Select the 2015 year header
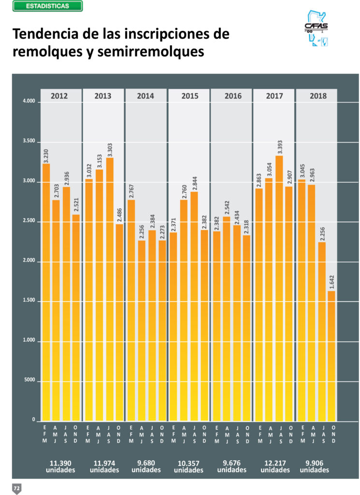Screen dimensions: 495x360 (189, 96)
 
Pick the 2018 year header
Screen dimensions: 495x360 (317, 96)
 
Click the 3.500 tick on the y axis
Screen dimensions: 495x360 (29, 142)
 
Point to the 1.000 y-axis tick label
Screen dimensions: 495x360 (29, 341)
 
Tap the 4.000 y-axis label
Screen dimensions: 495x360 (29, 102)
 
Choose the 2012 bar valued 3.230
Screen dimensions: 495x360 (46, 290)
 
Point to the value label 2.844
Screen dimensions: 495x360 (195, 176)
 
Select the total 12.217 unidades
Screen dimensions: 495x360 (274, 466)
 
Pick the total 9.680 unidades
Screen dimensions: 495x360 (146, 466)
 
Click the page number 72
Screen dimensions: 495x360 (16, 488)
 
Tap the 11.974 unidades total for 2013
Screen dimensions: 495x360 (104, 466)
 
